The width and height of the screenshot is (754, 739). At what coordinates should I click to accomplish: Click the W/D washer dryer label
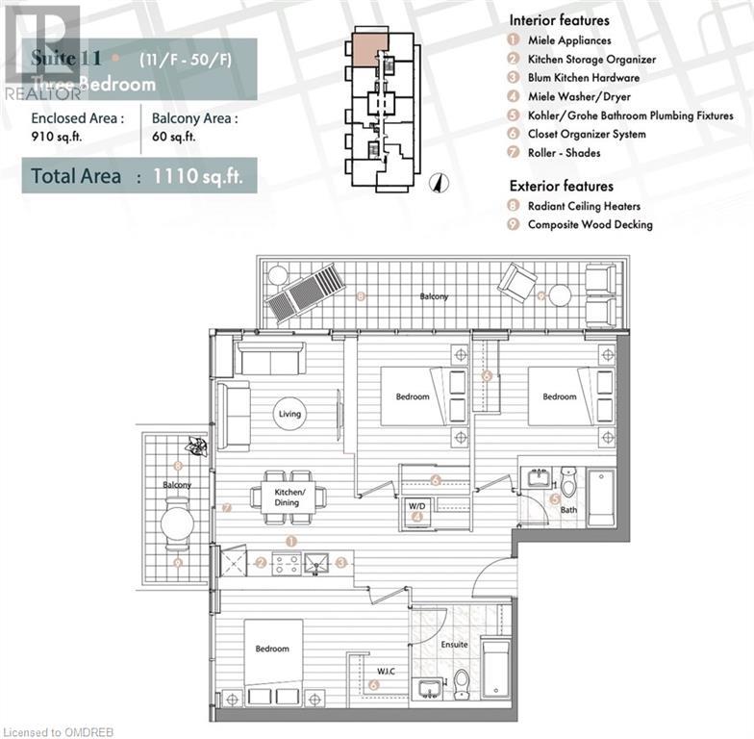pos(417,505)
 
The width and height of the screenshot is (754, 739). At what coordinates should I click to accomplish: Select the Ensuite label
pos(454,645)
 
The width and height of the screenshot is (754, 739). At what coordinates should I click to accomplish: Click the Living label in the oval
pos(289,415)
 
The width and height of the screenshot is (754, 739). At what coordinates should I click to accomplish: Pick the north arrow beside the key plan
pos(436,180)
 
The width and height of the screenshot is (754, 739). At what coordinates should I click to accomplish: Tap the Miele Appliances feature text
pos(569,40)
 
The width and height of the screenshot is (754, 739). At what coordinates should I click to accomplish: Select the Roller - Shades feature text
pos(564,153)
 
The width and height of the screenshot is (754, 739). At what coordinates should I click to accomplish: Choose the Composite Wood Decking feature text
pos(590,224)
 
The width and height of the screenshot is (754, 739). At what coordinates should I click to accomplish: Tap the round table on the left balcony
pos(177,524)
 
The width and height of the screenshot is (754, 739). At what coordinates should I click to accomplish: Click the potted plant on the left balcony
pos(197,446)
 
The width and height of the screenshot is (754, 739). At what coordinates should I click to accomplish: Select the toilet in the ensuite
pos(462,684)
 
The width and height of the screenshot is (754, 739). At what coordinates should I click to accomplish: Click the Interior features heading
pos(559,19)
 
